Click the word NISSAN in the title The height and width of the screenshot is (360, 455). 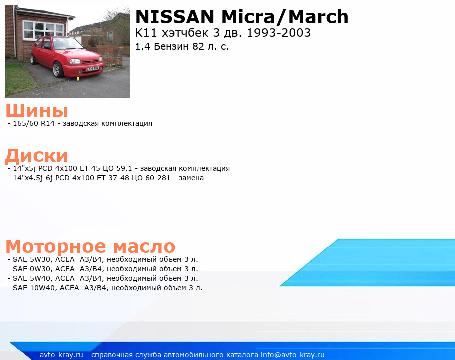point(175,17)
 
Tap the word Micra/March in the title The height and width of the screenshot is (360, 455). point(285,17)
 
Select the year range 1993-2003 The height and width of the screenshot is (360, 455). point(278,33)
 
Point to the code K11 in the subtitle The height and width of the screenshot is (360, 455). point(146,33)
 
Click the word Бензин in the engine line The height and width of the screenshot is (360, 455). point(171,46)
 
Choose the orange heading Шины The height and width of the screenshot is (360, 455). point(37,111)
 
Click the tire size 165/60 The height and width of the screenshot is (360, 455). point(26,123)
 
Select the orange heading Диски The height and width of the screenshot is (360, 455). point(37,156)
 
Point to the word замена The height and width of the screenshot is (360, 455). point(191,178)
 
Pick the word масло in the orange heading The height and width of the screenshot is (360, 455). point(144,246)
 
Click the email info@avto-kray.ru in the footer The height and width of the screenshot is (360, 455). point(293,355)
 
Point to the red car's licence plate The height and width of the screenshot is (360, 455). point(93,69)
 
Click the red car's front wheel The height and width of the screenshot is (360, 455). point(58,69)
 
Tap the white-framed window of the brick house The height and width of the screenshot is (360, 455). point(43,30)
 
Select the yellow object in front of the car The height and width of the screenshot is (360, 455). point(78,78)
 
